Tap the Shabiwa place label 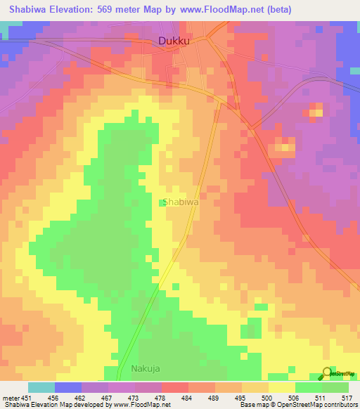[181, 202]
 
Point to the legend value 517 [347, 397]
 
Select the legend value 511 [320, 397]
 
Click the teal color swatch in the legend [41, 387]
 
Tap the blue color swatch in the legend [67, 387]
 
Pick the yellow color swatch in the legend [281, 387]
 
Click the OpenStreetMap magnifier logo [327, 373]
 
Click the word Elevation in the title [72, 9]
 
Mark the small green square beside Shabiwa [162, 204]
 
